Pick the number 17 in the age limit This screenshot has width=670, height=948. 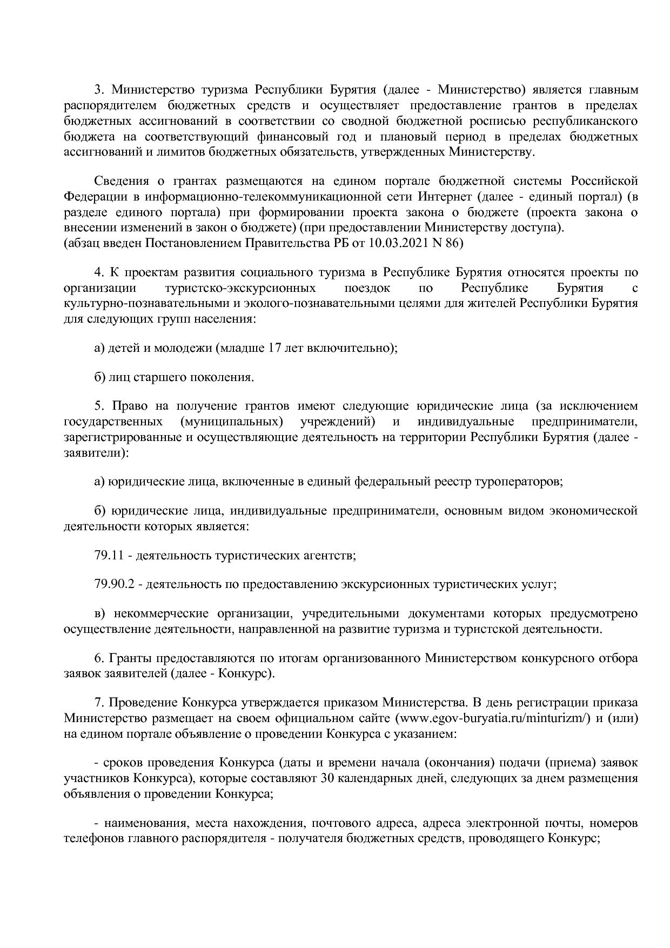[274, 348]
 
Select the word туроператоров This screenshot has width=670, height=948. [519, 481]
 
